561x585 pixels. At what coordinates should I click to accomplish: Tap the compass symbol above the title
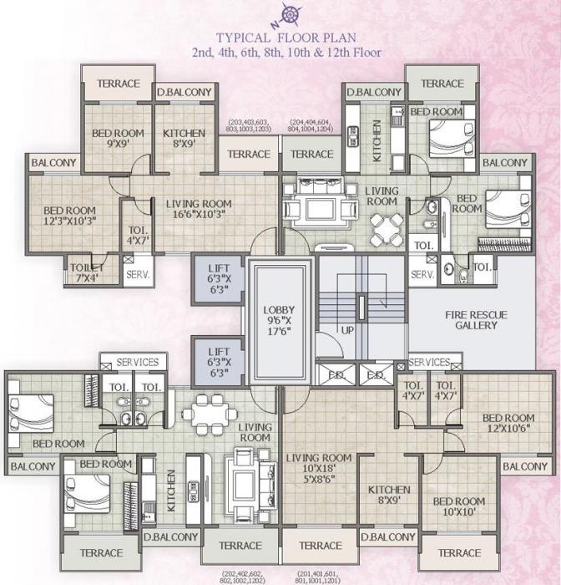290,13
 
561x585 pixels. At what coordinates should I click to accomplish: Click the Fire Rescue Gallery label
470,319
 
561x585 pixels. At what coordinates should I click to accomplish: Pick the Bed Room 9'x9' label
118,138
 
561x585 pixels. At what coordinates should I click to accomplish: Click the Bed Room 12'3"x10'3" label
71,216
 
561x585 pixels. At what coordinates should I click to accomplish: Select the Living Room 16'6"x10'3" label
198,209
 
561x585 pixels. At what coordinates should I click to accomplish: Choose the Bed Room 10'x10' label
458,507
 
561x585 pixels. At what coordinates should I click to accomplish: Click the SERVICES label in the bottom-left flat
137,362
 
